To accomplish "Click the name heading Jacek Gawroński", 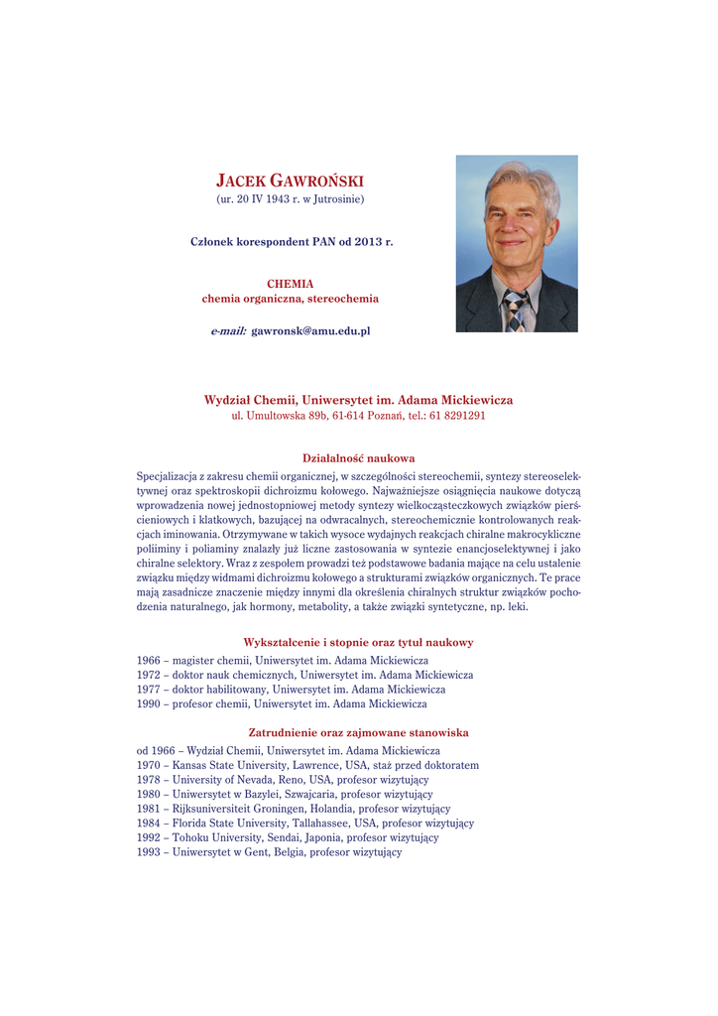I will (290, 181).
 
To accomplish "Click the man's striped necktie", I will (514, 311).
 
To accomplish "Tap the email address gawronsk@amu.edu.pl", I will (310, 330).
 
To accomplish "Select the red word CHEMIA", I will (290, 283).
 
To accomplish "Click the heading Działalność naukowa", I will (358, 457).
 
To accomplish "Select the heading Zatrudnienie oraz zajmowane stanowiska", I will (358, 732).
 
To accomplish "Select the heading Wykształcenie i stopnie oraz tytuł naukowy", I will (358, 642).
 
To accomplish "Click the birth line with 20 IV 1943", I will (290, 199).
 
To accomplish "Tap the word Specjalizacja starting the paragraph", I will (167, 476).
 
